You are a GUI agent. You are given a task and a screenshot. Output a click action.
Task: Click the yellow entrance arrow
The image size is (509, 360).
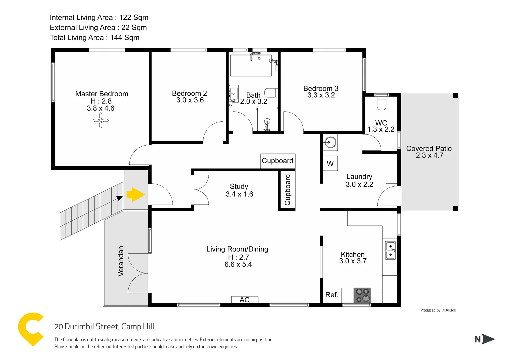[x=135, y=195]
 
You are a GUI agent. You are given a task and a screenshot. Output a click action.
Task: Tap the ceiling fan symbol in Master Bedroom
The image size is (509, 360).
[x=101, y=120]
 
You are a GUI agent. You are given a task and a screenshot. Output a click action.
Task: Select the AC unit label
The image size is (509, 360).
[x=245, y=300]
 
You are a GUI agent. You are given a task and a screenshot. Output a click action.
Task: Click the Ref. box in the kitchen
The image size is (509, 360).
[x=332, y=295]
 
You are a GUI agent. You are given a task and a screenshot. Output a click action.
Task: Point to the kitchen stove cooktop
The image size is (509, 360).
[x=362, y=295]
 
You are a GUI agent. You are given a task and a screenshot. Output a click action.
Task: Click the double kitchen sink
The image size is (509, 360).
[x=390, y=251]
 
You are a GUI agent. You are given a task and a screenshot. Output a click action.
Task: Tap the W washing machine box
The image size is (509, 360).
[x=330, y=164]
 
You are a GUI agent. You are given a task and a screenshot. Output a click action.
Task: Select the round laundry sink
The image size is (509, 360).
[x=330, y=143]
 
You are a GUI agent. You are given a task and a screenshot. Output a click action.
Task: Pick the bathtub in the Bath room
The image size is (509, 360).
[x=251, y=65]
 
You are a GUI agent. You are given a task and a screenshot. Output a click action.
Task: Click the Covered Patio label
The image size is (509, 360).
[x=429, y=152]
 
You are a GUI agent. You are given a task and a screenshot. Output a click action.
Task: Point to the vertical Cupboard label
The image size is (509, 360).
[x=287, y=190]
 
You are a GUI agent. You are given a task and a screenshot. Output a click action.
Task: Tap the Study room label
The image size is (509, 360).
[x=239, y=190]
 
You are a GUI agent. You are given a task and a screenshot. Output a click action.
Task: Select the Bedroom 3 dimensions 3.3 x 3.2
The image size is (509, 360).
[x=321, y=95]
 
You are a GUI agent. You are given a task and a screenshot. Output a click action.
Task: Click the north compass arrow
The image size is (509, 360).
[x=488, y=339]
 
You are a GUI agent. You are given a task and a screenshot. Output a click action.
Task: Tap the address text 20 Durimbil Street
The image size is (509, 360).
[x=104, y=327]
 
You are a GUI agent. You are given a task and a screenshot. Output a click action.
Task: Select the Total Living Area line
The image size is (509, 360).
[x=95, y=38]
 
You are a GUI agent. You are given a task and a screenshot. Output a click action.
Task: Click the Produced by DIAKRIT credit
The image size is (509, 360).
[x=438, y=310]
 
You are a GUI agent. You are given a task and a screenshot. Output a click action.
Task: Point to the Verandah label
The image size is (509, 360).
[x=121, y=261]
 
